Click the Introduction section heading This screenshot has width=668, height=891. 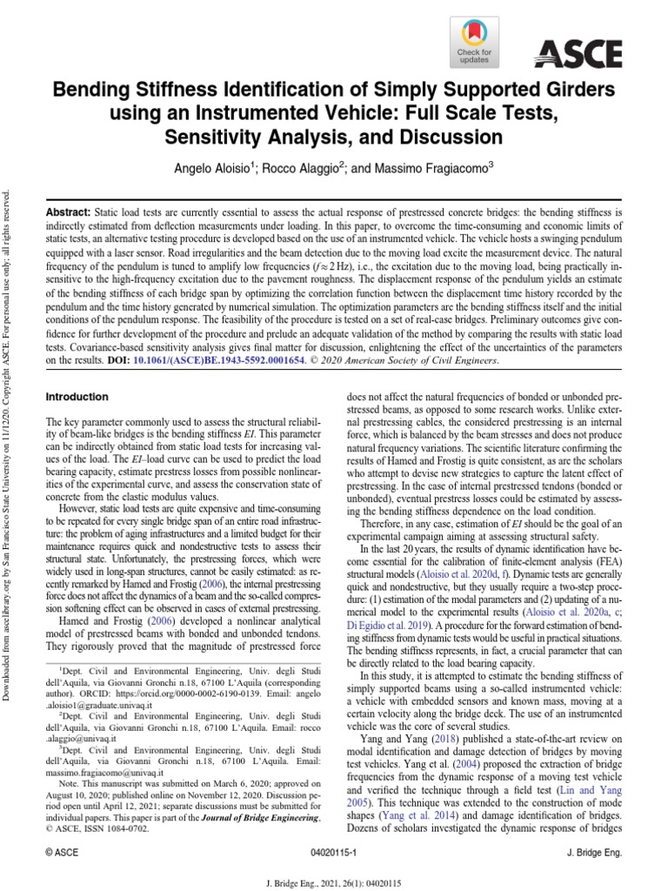(x=77, y=397)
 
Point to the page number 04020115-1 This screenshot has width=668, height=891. (x=334, y=854)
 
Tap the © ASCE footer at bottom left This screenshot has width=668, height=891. (x=62, y=854)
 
